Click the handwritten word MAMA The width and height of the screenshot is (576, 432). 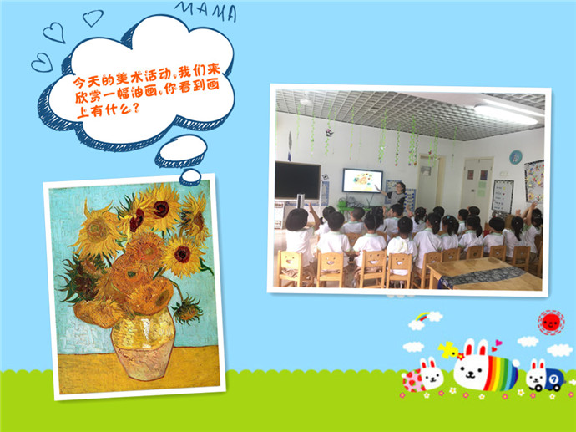click(x=205, y=11)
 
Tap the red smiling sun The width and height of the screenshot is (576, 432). click(x=551, y=323)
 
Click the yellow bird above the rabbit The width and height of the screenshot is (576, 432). click(x=448, y=349)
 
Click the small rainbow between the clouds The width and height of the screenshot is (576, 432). click(x=422, y=317)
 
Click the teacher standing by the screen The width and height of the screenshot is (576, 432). click(x=397, y=195)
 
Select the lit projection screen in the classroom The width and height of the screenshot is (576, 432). click(x=362, y=180)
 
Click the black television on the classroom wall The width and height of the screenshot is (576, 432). click(x=297, y=180)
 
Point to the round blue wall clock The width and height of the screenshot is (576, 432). click(x=516, y=157)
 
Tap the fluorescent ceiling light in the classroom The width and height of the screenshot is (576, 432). click(x=506, y=114)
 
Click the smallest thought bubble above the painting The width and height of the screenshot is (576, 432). click(x=190, y=177)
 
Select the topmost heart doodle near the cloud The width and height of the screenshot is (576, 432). click(x=93, y=18)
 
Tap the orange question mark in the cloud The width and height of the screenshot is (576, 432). click(x=135, y=108)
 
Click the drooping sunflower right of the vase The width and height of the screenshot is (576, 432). click(x=187, y=309)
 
